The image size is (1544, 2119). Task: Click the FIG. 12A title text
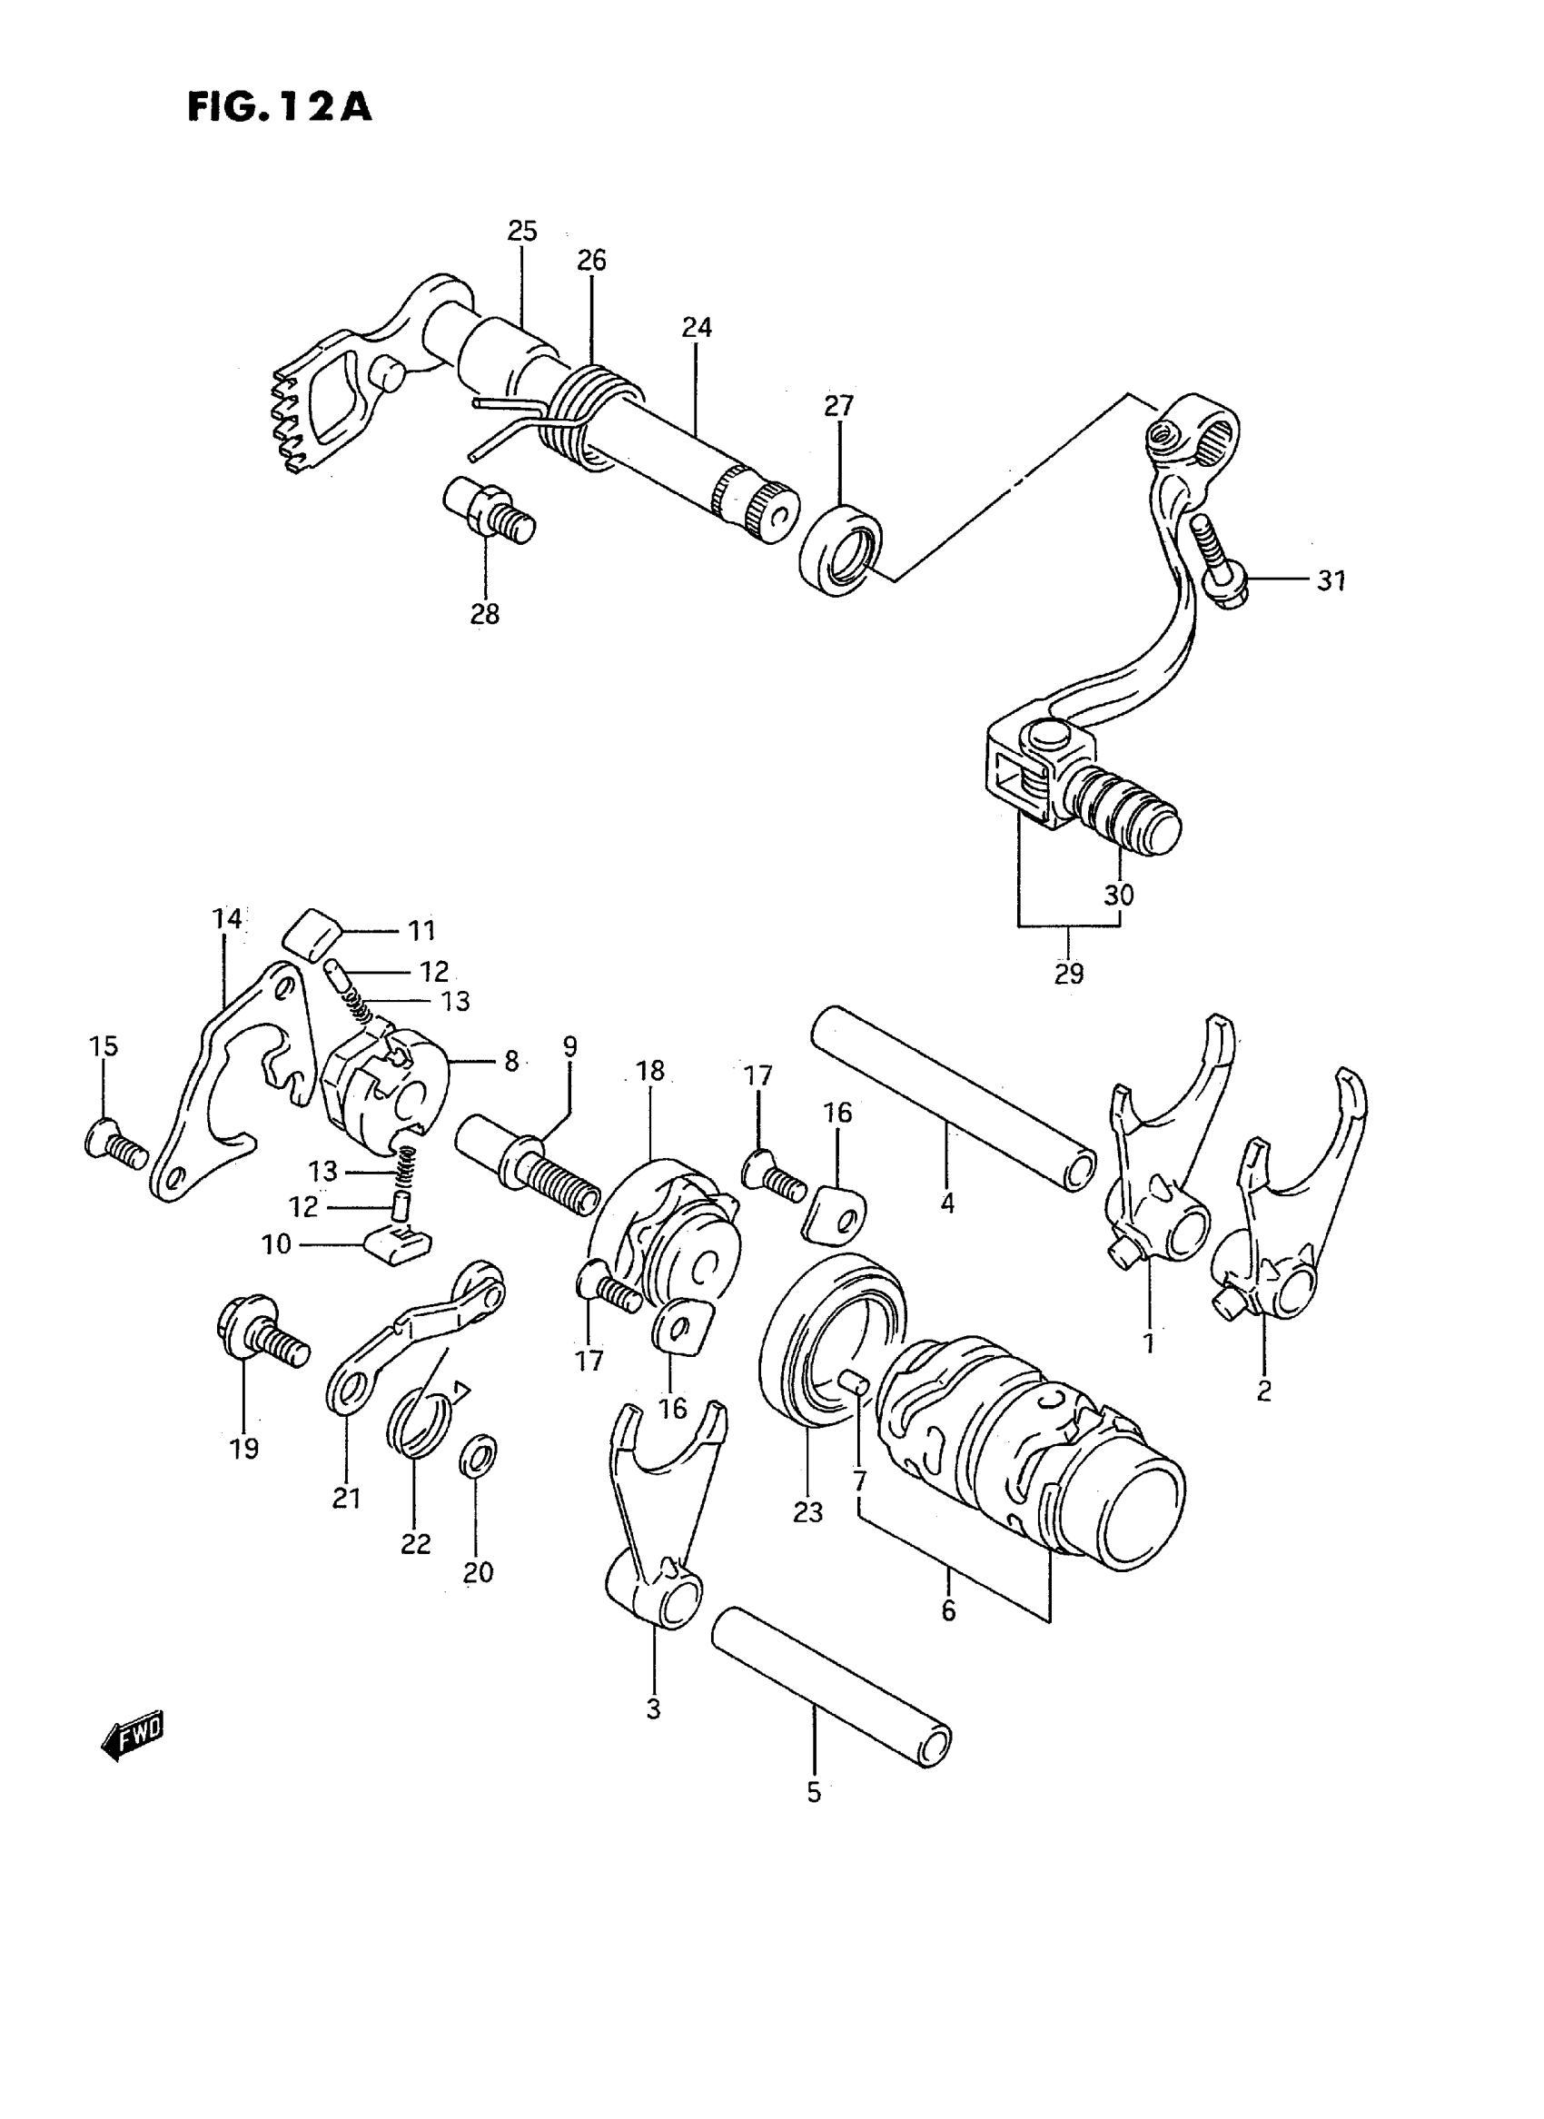click(280, 107)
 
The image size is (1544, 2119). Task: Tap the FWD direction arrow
click(132, 1737)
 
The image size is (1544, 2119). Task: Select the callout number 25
click(522, 231)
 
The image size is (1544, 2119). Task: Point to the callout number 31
click(1331, 580)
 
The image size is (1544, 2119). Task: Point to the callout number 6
click(948, 1609)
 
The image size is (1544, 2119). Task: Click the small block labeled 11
click(312, 932)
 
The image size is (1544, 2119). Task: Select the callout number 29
click(1069, 973)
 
